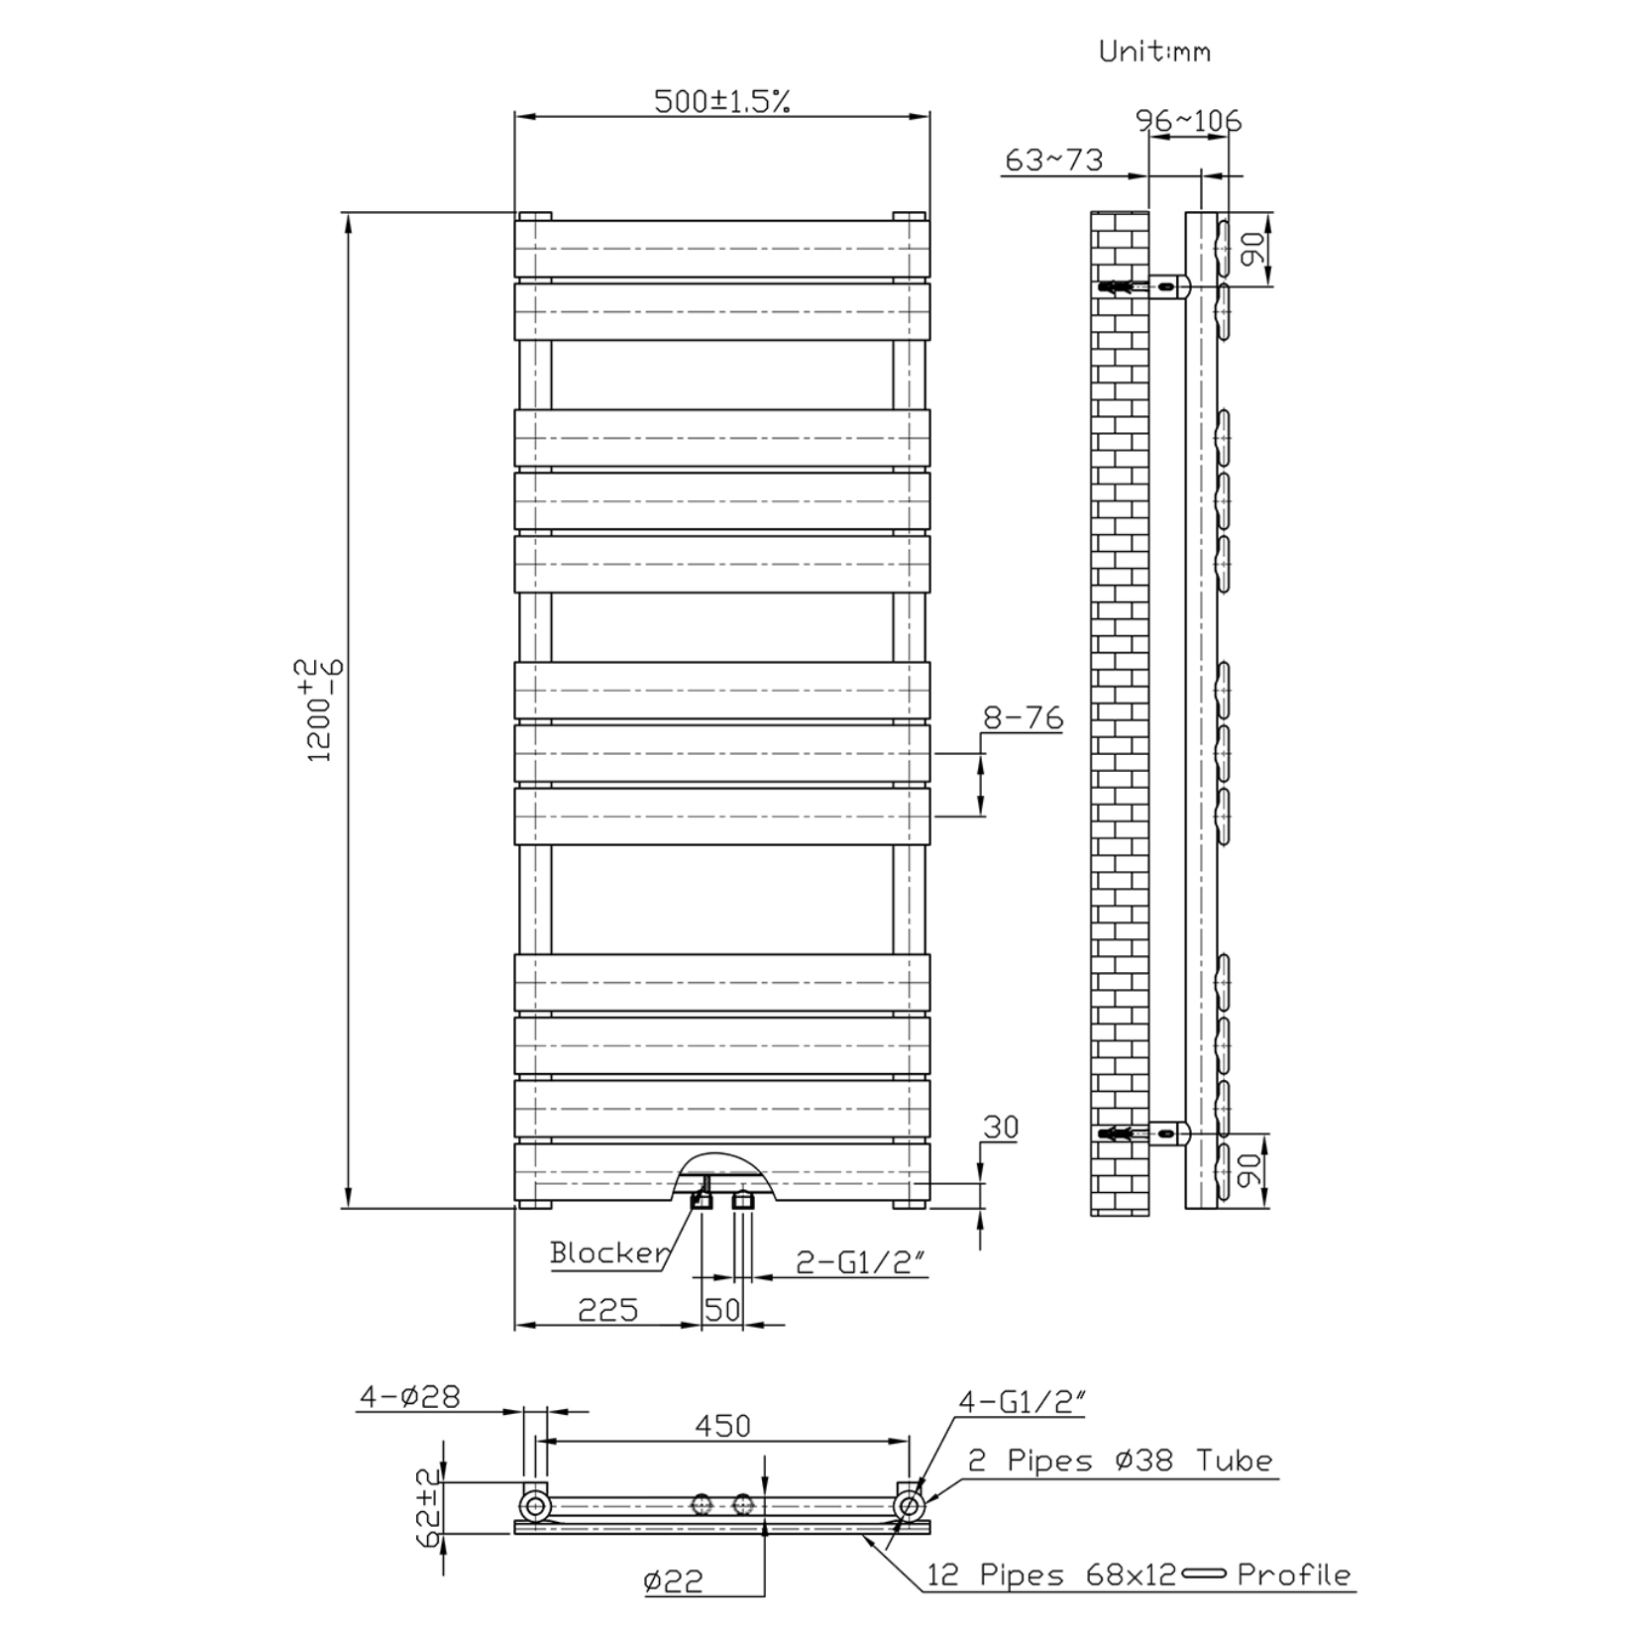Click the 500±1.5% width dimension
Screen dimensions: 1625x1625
click(x=721, y=101)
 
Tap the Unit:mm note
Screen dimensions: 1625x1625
click(x=1154, y=52)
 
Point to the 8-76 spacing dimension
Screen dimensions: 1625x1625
click(x=1023, y=717)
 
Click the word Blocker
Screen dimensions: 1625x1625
click(x=609, y=1252)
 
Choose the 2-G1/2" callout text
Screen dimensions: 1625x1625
click(x=861, y=1261)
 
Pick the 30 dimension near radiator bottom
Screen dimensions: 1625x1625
click(x=1001, y=1128)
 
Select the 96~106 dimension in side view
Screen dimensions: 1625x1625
click(x=1188, y=121)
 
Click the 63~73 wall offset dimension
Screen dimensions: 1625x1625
click(x=1053, y=160)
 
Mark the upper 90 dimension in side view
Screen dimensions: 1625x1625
click(x=1252, y=249)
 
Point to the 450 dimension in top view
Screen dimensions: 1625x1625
click(x=722, y=1425)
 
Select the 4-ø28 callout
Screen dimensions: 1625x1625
click(x=409, y=1396)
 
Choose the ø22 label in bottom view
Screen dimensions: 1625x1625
click(x=673, y=1580)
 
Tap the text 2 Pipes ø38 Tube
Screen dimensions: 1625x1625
click(x=1120, y=1461)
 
